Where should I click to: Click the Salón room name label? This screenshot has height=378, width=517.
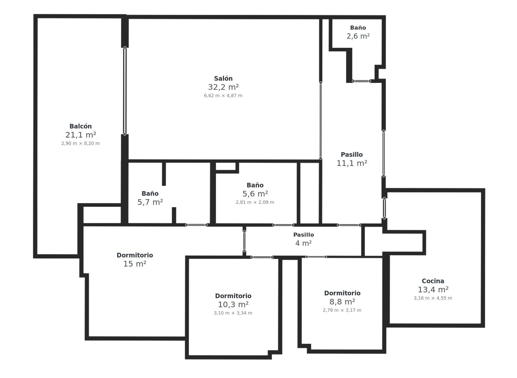(x=223, y=79)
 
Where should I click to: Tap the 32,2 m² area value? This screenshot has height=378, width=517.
(x=223, y=87)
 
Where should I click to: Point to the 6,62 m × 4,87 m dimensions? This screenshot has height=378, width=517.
(x=223, y=96)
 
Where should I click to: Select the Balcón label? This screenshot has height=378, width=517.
(x=81, y=126)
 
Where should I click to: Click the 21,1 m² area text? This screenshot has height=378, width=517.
(x=81, y=135)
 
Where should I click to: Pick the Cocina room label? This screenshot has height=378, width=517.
(x=433, y=281)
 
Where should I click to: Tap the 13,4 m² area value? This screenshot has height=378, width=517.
(x=433, y=290)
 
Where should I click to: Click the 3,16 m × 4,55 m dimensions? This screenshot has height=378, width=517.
(x=433, y=298)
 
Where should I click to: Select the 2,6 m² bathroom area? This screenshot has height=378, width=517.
(x=358, y=36)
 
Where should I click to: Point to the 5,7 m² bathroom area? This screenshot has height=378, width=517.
(x=150, y=202)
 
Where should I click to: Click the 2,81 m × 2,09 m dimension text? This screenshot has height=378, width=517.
(x=255, y=202)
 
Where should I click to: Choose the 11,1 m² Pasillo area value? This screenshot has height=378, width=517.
(x=352, y=163)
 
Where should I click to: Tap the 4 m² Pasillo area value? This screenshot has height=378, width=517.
(x=304, y=243)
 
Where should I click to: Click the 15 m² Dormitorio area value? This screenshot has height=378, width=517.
(x=135, y=264)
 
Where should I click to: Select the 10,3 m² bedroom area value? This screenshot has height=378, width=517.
(x=233, y=304)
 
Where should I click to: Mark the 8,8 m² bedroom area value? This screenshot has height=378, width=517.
(x=342, y=302)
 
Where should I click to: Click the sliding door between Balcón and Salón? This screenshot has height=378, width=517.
(x=125, y=91)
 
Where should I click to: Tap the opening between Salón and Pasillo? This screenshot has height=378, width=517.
(x=321, y=120)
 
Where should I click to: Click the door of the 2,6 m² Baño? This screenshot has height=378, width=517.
(x=362, y=81)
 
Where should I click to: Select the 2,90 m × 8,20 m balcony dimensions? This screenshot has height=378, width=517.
(x=81, y=143)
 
